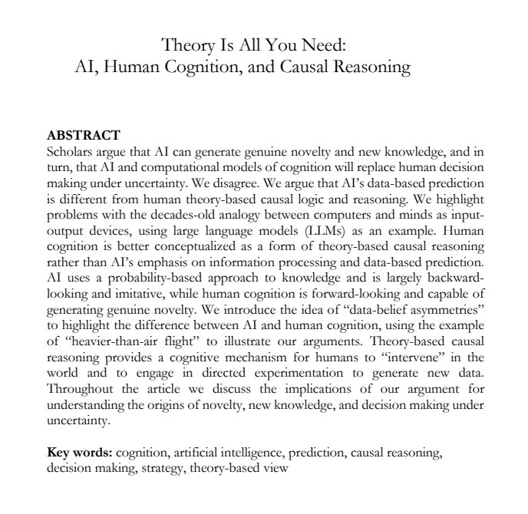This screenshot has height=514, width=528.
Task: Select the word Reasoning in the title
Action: (x=371, y=67)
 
